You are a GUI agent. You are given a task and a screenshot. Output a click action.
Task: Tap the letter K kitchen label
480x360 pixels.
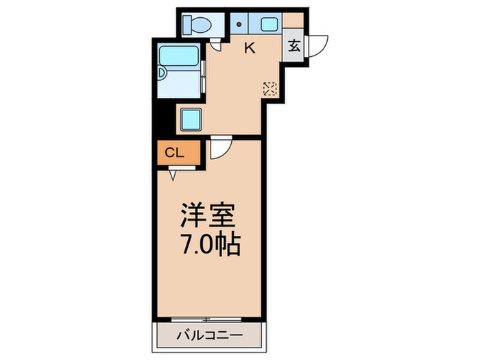click(x=250, y=48)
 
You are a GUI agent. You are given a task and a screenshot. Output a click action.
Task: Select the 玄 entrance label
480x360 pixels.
click(x=294, y=47)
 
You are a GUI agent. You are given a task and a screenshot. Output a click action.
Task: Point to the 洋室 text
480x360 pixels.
click(x=209, y=217)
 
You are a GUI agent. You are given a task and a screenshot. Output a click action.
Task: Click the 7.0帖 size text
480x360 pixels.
click(x=210, y=245)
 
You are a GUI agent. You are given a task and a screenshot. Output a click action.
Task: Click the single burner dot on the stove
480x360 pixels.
click(x=239, y=24)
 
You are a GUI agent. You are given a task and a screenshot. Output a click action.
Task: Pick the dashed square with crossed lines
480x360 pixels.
click(x=269, y=88)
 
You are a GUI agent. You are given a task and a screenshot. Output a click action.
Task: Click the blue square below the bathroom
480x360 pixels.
click(x=191, y=119)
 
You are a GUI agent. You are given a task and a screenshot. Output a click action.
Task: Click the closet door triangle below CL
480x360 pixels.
click(x=171, y=175)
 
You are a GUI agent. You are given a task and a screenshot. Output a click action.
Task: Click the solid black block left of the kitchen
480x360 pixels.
click(x=160, y=123)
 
